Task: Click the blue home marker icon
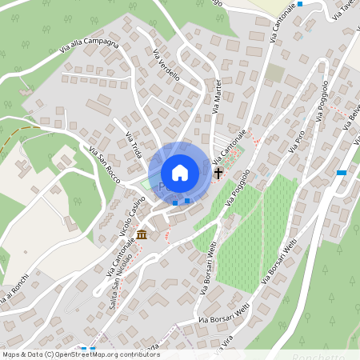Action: tap(180, 172)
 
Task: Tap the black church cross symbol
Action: tap(218, 172)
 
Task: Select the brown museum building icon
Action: tap(142, 234)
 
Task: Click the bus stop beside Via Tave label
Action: tap(300, 4)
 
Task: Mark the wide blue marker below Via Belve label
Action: tap(342, 172)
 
